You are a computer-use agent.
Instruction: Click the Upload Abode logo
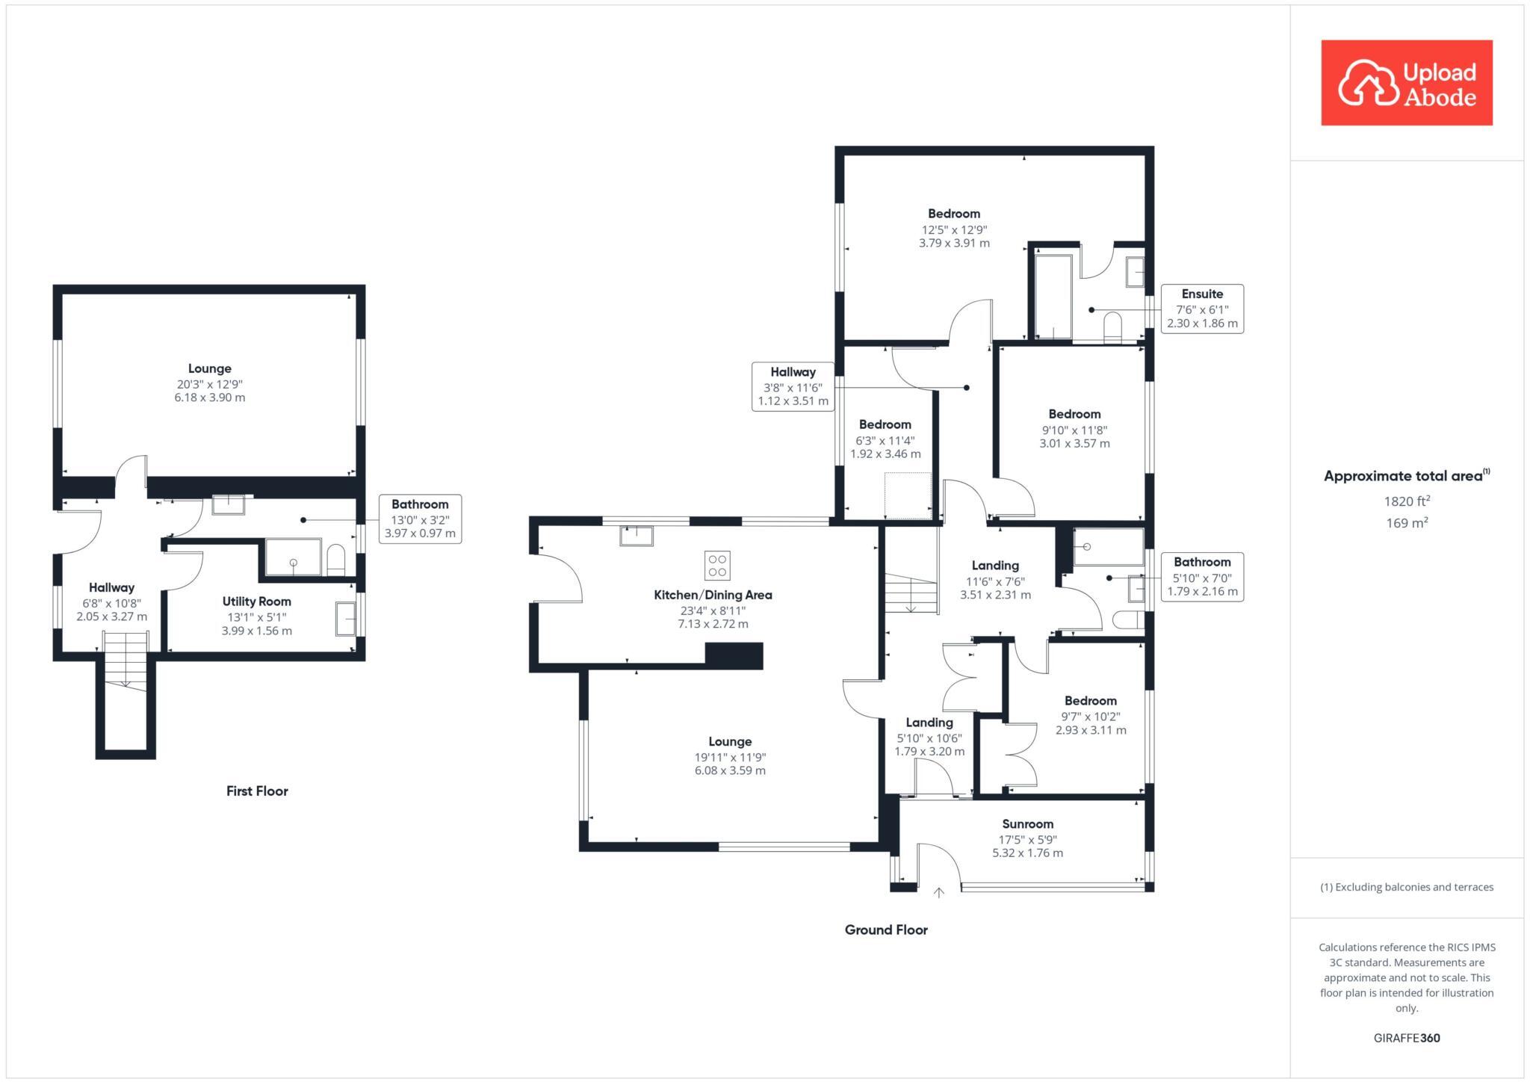click(x=1406, y=83)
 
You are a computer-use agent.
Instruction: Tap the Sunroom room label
click(x=1027, y=823)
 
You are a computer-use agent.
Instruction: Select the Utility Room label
click(x=256, y=602)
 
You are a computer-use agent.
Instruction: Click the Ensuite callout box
click(x=1201, y=309)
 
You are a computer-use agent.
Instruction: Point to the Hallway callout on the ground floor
click(x=793, y=386)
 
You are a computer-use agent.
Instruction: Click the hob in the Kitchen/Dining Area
click(x=717, y=566)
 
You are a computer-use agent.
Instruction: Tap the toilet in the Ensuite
click(x=1112, y=327)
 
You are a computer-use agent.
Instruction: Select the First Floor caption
click(x=257, y=791)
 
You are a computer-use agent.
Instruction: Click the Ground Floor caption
click(x=886, y=930)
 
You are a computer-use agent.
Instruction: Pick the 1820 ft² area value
click(x=1407, y=501)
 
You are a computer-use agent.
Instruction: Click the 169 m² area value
click(x=1407, y=523)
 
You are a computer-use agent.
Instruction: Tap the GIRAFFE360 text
click(x=1407, y=1038)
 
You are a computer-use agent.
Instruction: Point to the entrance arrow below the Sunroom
click(x=938, y=892)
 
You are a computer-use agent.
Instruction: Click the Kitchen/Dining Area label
click(x=713, y=595)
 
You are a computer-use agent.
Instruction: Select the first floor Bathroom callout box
click(x=420, y=519)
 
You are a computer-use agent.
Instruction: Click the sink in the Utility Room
click(x=345, y=619)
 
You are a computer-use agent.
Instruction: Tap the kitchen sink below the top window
click(x=636, y=536)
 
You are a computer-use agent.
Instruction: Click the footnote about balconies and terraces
click(x=1407, y=887)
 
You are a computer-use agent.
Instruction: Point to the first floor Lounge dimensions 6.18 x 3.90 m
click(x=210, y=398)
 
